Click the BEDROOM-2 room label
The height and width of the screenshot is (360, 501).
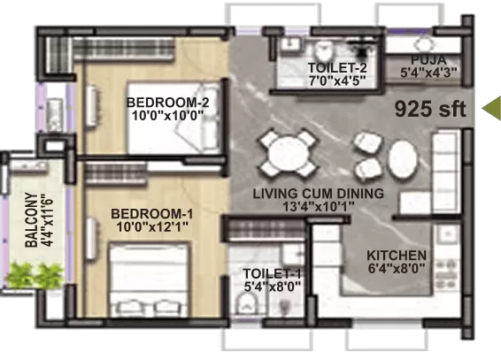click(x=168, y=103)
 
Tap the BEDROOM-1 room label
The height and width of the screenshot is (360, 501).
click(x=151, y=214)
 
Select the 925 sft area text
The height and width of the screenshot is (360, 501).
click(x=430, y=109)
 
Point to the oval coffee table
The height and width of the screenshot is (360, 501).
click(x=403, y=159)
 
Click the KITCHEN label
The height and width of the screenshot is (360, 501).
click(x=397, y=256)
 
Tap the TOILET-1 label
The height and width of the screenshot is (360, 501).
click(x=272, y=274)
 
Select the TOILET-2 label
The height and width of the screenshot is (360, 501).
click(x=337, y=68)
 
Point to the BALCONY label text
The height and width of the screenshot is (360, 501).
click(x=31, y=220)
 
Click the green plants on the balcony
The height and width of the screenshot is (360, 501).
click(x=35, y=275)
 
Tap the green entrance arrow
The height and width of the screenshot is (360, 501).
click(x=491, y=109)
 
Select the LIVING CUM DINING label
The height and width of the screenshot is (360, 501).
click(x=319, y=194)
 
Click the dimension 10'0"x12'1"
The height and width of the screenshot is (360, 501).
click(x=151, y=227)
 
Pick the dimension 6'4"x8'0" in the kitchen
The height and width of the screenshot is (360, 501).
click(x=397, y=268)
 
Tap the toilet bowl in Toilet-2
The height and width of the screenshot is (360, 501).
click(x=324, y=51)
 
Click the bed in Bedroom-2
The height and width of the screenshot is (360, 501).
click(x=174, y=119)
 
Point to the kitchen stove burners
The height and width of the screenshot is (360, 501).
click(x=447, y=271)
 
